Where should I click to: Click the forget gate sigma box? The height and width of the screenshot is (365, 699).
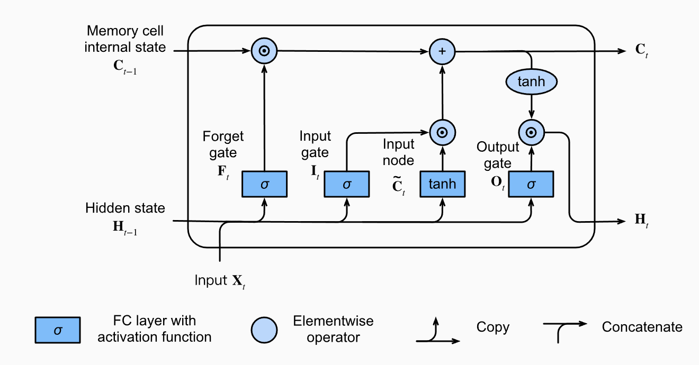[264, 184]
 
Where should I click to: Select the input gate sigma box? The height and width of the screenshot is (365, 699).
[346, 184]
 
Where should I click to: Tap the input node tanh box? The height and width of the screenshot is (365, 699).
[442, 184]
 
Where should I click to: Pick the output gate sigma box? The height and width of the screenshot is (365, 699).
[531, 184]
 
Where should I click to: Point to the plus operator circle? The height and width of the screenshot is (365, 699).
[442, 51]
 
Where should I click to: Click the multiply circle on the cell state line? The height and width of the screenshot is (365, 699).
[264, 51]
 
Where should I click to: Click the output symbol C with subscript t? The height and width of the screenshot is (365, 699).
[642, 51]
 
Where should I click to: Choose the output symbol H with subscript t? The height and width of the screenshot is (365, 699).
[641, 220]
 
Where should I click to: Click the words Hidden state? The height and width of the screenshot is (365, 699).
[125, 208]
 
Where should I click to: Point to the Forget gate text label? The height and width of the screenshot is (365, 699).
[223, 144]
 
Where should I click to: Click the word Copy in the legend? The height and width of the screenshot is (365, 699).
[492, 327]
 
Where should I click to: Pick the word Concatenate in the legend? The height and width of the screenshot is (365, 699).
[642, 327]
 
